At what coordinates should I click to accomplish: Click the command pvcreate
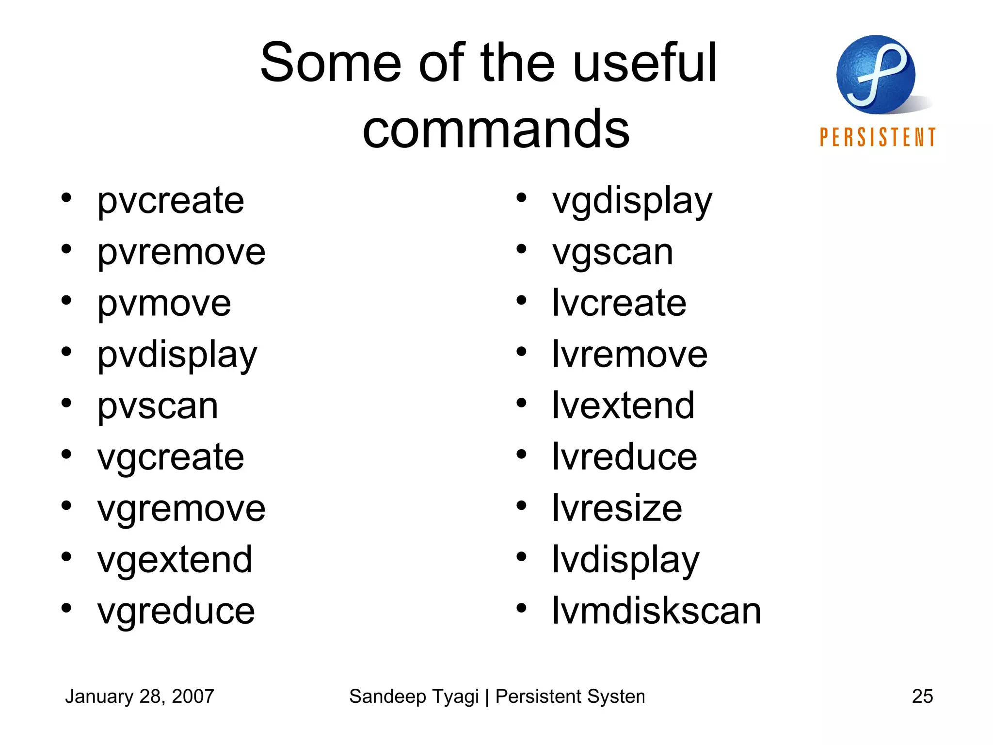point(170,201)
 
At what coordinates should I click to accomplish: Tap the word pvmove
point(164,304)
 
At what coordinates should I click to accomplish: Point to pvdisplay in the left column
point(177,356)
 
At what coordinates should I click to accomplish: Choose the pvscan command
point(158,406)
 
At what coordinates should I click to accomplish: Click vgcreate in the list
point(170,457)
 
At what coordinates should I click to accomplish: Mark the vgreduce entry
point(176,611)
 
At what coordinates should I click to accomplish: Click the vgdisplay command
point(632,201)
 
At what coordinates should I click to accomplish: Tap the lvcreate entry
point(619,304)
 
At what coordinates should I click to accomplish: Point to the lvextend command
point(623,406)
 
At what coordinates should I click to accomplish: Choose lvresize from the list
point(617,508)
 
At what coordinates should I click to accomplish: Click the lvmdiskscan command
point(657,611)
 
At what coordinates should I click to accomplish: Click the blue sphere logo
point(876,75)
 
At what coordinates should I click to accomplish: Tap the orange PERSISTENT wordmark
point(878,138)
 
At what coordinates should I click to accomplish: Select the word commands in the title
point(496,129)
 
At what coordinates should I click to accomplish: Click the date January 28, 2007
point(140,696)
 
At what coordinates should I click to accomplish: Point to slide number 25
point(922,696)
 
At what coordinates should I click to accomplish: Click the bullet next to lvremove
point(521,352)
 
